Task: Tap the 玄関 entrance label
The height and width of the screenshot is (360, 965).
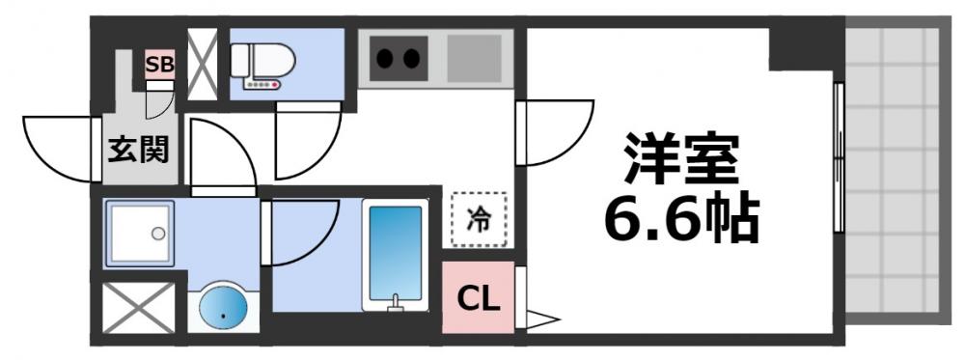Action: click(139, 150)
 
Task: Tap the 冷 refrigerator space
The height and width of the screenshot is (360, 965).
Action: click(478, 220)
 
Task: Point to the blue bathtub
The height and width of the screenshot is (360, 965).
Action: click(395, 253)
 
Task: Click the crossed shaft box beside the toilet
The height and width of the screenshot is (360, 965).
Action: click(203, 65)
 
